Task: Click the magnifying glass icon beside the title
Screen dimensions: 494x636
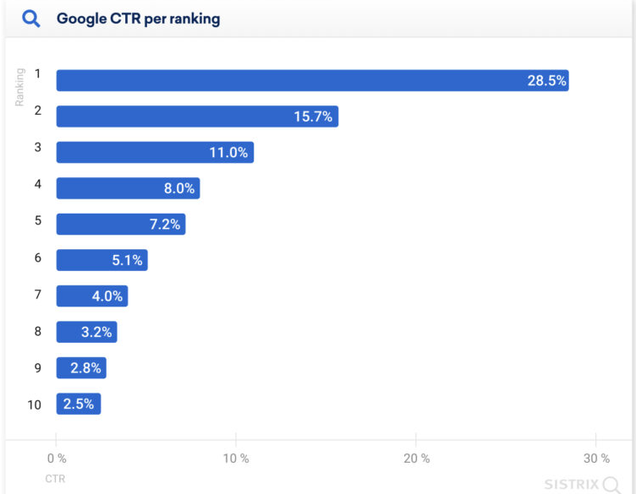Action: pyautogui.click(x=31, y=19)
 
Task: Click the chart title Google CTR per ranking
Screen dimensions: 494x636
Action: pyautogui.click(x=138, y=19)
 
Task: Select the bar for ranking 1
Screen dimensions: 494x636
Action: pyautogui.click(x=312, y=80)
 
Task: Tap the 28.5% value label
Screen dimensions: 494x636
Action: pyautogui.click(x=546, y=81)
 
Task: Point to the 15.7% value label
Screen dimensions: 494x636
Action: pyautogui.click(x=314, y=117)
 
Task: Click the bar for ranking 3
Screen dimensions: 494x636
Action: pyautogui.click(x=155, y=152)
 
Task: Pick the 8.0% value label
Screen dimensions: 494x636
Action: pyautogui.click(x=180, y=188)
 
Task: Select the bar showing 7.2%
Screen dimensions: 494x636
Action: pyautogui.click(x=121, y=224)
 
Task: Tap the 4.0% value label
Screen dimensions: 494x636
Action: pyautogui.click(x=107, y=296)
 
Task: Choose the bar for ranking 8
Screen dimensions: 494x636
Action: pyautogui.click(x=86, y=332)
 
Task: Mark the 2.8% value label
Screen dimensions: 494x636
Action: pyautogui.click(x=85, y=368)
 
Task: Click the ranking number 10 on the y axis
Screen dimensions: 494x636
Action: pyautogui.click(x=34, y=404)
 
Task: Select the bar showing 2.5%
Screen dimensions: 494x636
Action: pyautogui.click(x=78, y=404)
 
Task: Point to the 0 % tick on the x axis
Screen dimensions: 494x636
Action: pyautogui.click(x=57, y=459)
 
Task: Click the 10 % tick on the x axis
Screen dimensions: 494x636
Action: pyautogui.click(x=236, y=459)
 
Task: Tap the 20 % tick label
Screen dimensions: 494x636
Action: pyautogui.click(x=415, y=459)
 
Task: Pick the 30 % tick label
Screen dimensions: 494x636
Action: pyautogui.click(x=595, y=459)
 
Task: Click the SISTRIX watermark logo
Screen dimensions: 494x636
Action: pyautogui.click(x=580, y=484)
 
